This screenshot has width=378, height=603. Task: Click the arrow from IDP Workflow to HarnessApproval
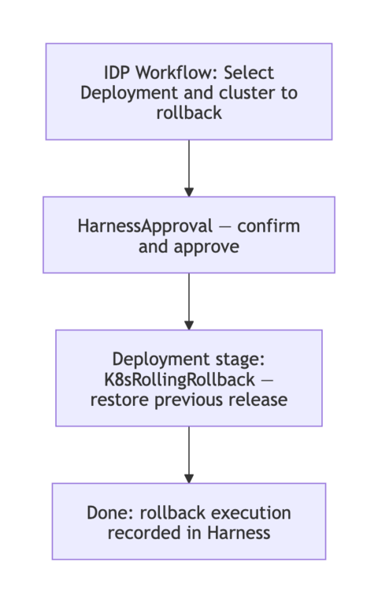[x=189, y=167]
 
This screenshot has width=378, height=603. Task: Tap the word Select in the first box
[x=249, y=73]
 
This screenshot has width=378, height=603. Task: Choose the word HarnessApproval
[x=145, y=226]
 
